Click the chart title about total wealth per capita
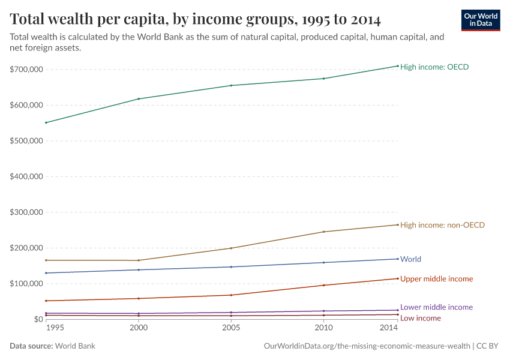(x=195, y=19)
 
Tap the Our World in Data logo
(x=481, y=20)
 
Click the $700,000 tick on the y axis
(x=26, y=70)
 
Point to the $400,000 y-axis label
(x=26, y=176)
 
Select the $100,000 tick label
(x=26, y=283)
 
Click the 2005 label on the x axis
(x=231, y=328)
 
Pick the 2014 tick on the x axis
(x=389, y=328)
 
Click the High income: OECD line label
(x=434, y=67)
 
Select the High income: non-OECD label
(x=442, y=225)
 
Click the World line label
(x=410, y=259)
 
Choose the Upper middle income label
(x=436, y=279)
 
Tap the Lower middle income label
(x=436, y=307)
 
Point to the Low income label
(x=420, y=318)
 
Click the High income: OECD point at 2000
(x=139, y=99)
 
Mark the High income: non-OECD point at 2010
(x=324, y=232)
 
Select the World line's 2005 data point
(x=231, y=267)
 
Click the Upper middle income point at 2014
(x=397, y=278)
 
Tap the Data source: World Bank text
(x=52, y=346)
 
